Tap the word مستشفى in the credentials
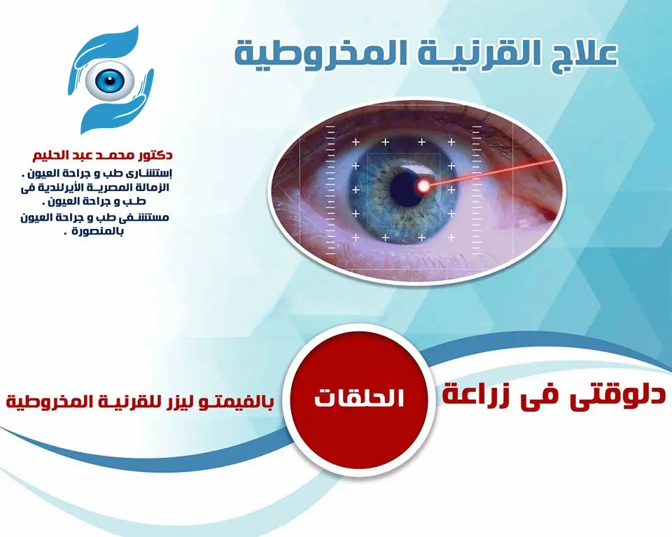coord(143,218)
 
